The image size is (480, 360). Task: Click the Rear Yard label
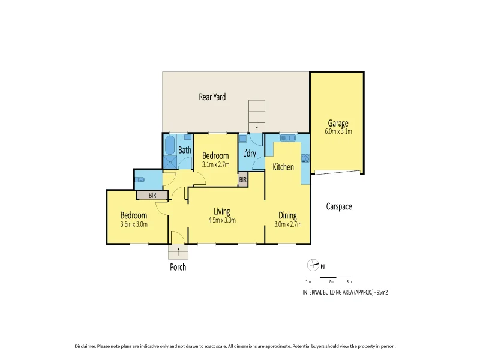click(212, 97)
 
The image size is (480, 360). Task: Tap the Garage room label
click(338, 124)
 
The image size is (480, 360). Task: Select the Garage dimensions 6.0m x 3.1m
click(338, 131)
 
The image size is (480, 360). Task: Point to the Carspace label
click(338, 206)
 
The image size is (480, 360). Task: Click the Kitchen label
click(283, 167)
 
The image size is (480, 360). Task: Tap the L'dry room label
click(250, 154)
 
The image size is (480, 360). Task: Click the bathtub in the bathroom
click(169, 146)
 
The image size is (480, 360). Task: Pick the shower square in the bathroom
click(170, 162)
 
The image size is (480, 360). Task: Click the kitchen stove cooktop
click(305, 158)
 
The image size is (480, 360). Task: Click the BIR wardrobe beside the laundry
click(243, 179)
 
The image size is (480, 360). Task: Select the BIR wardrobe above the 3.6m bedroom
click(152, 195)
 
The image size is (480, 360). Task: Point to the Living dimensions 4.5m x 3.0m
click(222, 220)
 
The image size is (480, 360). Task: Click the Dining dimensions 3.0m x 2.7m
click(287, 224)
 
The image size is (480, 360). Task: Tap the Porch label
click(178, 267)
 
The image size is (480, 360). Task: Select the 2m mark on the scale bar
click(331, 281)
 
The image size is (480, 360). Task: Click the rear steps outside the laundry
click(257, 114)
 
